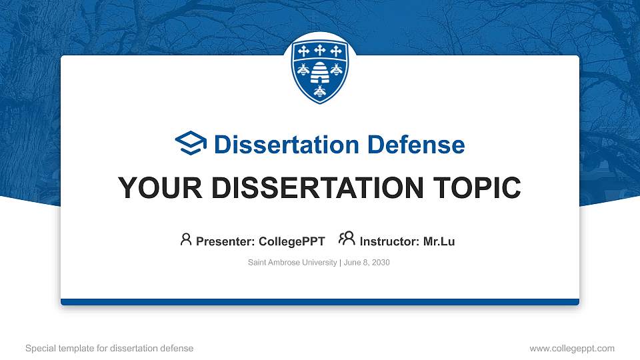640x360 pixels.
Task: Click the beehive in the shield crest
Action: click(x=320, y=70)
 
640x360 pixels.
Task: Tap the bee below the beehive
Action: click(x=320, y=91)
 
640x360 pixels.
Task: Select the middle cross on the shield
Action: click(x=320, y=51)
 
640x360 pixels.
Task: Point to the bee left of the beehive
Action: click(x=303, y=69)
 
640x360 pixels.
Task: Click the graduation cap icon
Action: click(x=191, y=144)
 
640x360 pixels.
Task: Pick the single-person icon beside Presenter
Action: click(x=186, y=239)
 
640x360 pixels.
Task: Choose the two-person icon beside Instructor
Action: click(x=347, y=239)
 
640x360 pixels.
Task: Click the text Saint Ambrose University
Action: click(x=293, y=263)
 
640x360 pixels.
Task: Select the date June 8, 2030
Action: click(x=367, y=263)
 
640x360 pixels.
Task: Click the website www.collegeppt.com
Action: click(x=571, y=348)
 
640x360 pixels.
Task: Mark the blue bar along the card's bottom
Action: click(x=320, y=302)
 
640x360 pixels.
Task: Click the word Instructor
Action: click(x=389, y=241)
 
